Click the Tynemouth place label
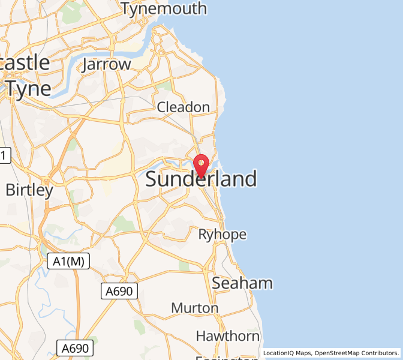pos(163,8)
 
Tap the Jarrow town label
pos(107,64)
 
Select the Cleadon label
pos(183,107)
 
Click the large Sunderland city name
pos(201,179)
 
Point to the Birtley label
pos(29,190)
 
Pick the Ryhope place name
pos(222,234)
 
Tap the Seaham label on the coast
pos(242,283)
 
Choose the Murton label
pos(194,308)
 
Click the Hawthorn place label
pos(227,335)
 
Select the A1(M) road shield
pos(68,260)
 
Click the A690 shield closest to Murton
pos(119,292)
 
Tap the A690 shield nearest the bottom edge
pos(76,348)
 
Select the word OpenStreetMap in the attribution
pos(340,353)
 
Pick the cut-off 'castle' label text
pos(24,62)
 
